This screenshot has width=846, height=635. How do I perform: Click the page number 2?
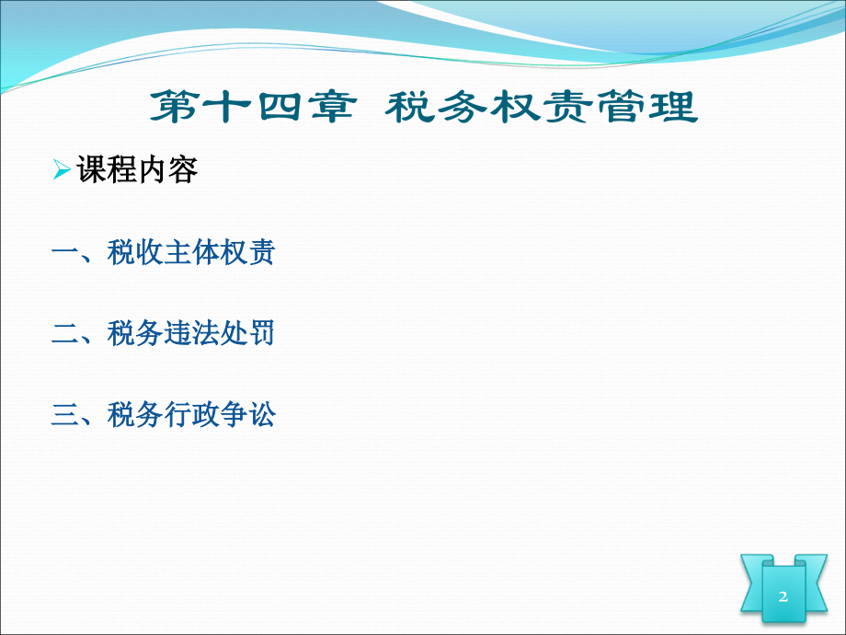[x=783, y=596]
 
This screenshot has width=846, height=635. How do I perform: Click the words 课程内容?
[x=138, y=170]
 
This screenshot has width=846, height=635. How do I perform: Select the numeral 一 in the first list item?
[x=66, y=252]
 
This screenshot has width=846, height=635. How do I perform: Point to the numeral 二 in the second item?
[x=66, y=333]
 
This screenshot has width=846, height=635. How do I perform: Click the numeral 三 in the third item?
[x=66, y=415]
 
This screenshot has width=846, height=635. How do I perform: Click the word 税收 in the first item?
[x=135, y=252]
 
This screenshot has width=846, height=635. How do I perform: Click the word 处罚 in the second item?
[x=247, y=333]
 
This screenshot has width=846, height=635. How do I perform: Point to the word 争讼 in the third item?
[x=247, y=415]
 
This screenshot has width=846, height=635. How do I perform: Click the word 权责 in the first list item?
[x=247, y=252]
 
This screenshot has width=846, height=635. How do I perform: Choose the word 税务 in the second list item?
[x=135, y=333]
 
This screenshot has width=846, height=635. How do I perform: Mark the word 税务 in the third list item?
[x=135, y=415]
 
